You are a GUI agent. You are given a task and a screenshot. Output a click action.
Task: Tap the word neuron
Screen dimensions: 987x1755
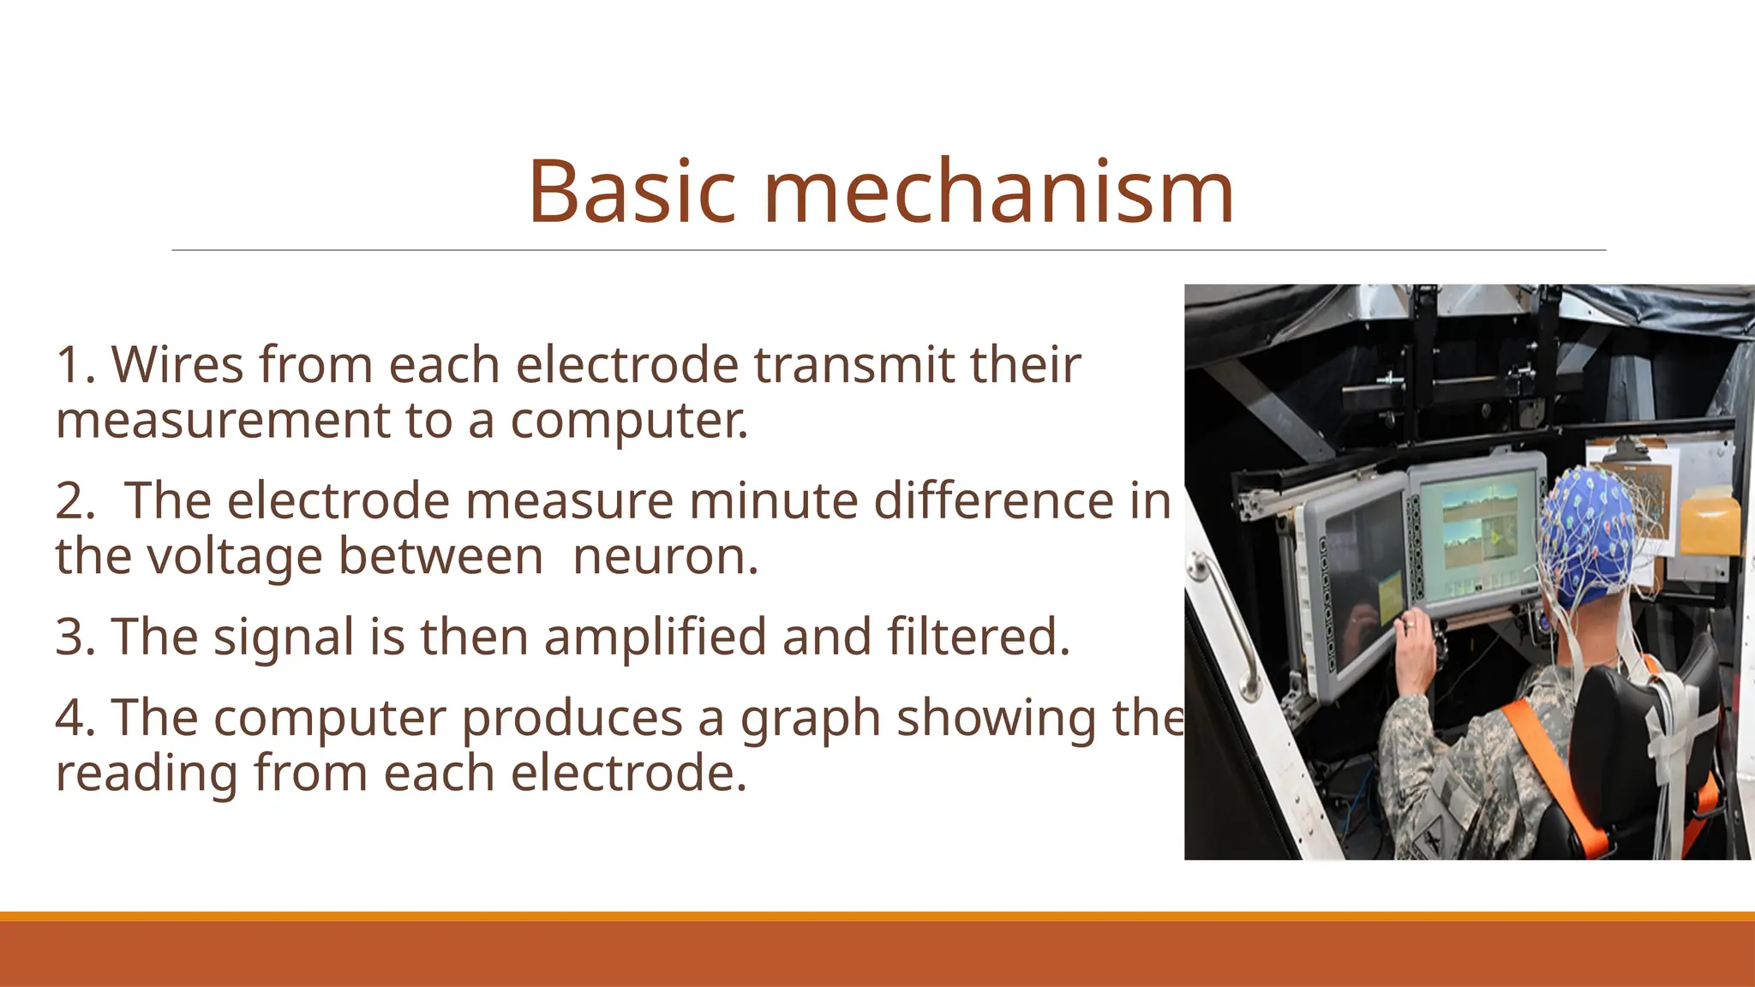665,557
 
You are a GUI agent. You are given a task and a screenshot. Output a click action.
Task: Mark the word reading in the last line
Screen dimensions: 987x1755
147,774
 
